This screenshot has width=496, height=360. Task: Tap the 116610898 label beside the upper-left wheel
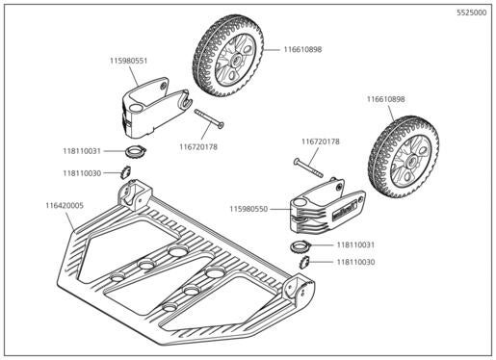[x=302, y=49]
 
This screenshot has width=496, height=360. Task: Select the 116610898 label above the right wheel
[x=385, y=98]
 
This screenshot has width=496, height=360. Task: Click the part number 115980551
[x=128, y=60]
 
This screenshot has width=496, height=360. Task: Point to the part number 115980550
[x=249, y=207]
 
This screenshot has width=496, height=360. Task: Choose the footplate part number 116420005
[x=64, y=205]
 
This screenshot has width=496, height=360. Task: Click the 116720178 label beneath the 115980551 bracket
[x=197, y=146]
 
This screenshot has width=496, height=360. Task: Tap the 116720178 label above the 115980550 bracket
[x=321, y=141]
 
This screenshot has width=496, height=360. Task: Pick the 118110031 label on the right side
[x=355, y=245]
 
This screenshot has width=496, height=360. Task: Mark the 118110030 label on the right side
[x=355, y=261]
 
